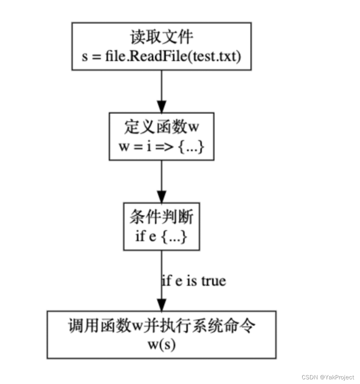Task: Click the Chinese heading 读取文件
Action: (x=161, y=38)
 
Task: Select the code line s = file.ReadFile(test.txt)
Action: (x=161, y=56)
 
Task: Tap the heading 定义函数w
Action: (x=161, y=127)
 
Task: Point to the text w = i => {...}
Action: (x=161, y=147)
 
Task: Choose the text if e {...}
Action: (x=161, y=237)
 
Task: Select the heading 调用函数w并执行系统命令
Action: (x=161, y=326)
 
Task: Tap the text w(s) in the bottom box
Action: (x=161, y=344)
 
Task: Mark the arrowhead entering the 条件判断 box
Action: (x=161, y=196)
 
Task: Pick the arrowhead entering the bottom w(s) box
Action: (x=161, y=305)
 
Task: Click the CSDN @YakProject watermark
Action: (x=328, y=377)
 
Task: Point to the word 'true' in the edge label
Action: (x=213, y=281)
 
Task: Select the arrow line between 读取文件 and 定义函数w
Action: (x=161, y=87)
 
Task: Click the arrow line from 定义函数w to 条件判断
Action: (x=161, y=177)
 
